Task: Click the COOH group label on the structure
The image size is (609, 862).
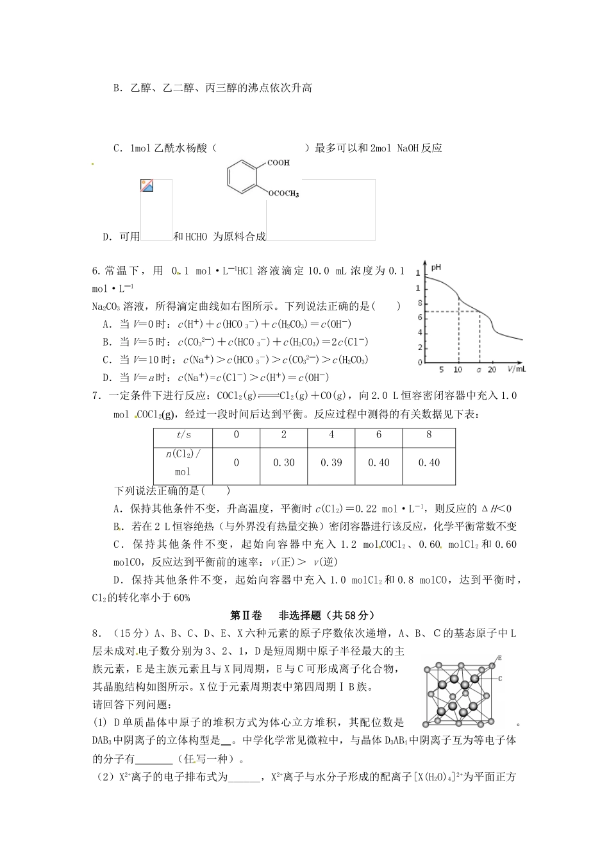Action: pos(278,163)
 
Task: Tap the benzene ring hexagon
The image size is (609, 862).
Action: pos(242,178)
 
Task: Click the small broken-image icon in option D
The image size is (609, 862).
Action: pos(147,186)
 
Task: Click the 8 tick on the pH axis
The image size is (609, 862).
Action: pos(420,303)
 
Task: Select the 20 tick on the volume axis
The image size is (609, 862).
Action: pos(492,370)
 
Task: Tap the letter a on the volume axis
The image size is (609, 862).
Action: pos(479,370)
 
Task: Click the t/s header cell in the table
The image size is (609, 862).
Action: pos(183,435)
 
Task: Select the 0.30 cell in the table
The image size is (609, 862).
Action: pos(283,462)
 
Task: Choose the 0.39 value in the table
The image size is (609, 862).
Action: pos(331,462)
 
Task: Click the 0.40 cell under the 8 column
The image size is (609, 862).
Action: pos(428,462)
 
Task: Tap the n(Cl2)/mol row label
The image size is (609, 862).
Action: pos(183,462)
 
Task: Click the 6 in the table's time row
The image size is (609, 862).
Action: pos(378,435)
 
